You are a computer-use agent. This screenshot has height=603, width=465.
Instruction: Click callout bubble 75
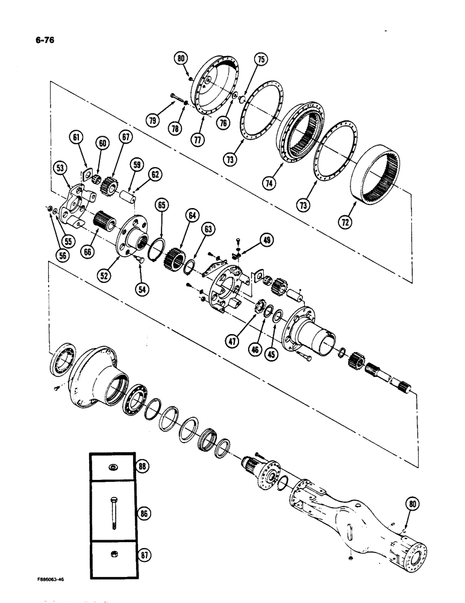[261, 60]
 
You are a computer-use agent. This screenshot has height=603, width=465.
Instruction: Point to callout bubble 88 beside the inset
[142, 467]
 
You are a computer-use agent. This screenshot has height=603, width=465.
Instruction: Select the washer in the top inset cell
[113, 467]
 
